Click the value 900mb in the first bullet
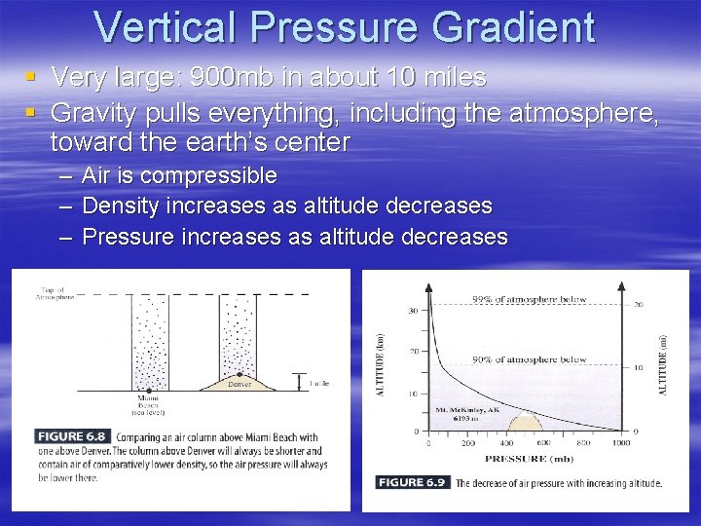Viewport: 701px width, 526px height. [x=227, y=77]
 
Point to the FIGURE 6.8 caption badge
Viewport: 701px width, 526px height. [x=72, y=435]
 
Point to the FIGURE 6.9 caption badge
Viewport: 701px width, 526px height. [x=413, y=482]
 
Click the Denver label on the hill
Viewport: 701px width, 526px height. [x=239, y=384]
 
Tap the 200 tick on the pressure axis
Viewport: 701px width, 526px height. [x=469, y=443]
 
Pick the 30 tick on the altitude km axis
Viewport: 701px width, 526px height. [x=414, y=312]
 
